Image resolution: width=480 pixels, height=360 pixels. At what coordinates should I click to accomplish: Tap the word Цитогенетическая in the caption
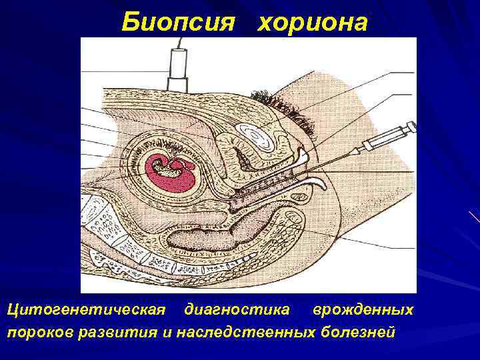[x=85, y=310]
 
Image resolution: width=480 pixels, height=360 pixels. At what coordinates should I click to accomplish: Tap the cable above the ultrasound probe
[x=179, y=43]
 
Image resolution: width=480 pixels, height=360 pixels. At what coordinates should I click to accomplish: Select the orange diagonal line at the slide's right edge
[x=475, y=217]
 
